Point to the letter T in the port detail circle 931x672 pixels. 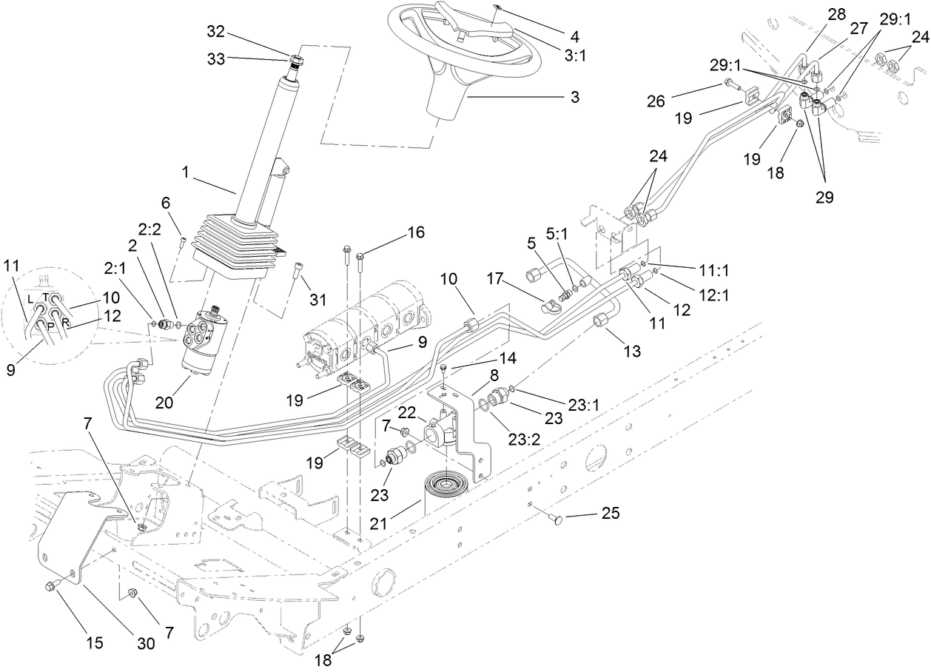click(45, 296)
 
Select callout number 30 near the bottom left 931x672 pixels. click(147, 643)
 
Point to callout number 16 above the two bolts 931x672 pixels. click(415, 232)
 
